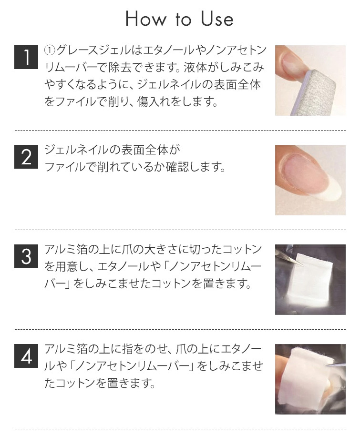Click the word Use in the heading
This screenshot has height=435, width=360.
(x=217, y=20)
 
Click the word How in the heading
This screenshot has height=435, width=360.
(x=146, y=20)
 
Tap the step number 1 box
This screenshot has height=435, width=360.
(x=26, y=57)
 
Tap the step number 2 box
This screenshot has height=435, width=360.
(x=26, y=157)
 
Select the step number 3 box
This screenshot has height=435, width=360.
(x=26, y=256)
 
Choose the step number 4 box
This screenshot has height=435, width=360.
(x=26, y=356)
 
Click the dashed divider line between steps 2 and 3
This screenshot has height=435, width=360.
(x=180, y=230)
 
